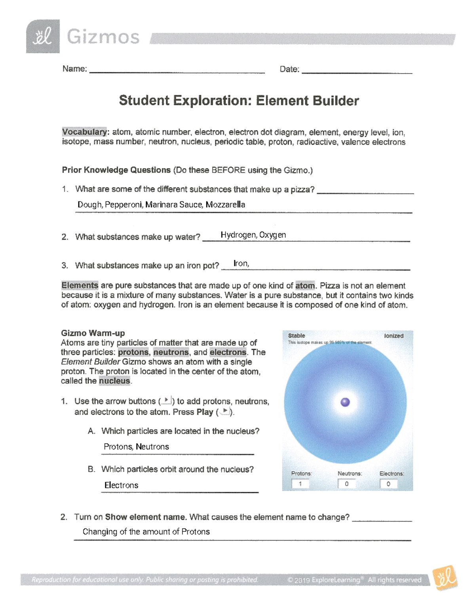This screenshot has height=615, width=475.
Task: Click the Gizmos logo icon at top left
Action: [43, 36]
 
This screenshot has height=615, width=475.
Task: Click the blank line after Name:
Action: [177, 70]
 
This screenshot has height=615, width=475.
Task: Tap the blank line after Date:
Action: [357, 70]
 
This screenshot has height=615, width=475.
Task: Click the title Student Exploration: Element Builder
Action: [239, 101]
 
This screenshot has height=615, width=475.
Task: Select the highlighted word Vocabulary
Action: [84, 132]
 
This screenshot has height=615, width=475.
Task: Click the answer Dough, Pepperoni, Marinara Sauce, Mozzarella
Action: [161, 205]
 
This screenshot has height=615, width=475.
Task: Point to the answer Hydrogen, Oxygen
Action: [253, 235]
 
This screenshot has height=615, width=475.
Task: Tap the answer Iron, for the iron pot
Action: [241, 264]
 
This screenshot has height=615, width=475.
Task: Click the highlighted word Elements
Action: [80, 286]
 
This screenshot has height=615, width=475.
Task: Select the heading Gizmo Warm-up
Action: [93, 333]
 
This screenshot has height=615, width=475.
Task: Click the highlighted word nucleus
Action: [114, 381]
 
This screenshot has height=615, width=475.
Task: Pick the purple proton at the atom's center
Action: [345, 402]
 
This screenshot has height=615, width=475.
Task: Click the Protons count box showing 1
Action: [300, 484]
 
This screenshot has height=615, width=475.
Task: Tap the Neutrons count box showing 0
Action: [346, 484]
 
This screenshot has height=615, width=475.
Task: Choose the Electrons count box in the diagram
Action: [388, 484]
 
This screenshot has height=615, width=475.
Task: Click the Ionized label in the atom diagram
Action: [393, 336]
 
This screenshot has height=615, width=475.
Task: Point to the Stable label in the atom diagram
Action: [296, 335]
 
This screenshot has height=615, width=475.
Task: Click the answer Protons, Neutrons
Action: [136, 447]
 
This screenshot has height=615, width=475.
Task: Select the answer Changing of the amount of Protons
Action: [146, 532]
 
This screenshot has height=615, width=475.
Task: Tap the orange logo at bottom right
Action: [445, 578]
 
